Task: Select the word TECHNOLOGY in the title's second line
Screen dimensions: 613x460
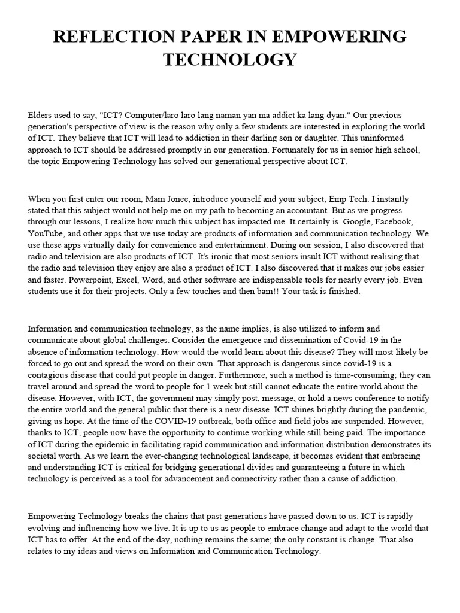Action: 229,59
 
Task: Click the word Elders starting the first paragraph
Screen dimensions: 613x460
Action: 40,115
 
